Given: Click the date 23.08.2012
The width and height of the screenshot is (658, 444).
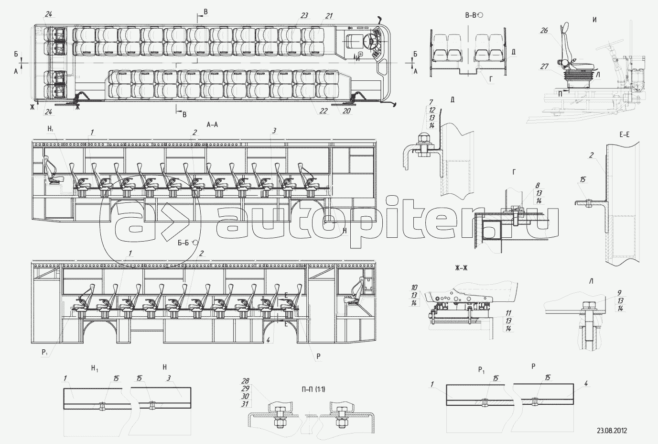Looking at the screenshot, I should (x=612, y=430).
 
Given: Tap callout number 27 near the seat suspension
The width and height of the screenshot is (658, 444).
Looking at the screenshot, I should (x=544, y=67).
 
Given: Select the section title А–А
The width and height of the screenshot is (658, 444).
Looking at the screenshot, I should (x=212, y=124).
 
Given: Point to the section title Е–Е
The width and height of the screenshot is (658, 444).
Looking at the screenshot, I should (x=624, y=135).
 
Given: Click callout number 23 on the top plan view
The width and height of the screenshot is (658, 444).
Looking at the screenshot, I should (x=304, y=16).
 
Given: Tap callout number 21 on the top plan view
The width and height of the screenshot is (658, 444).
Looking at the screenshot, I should (x=329, y=16).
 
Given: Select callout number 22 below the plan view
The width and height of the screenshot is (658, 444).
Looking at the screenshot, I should (x=324, y=111).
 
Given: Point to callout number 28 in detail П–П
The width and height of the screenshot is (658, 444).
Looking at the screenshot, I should (x=246, y=381).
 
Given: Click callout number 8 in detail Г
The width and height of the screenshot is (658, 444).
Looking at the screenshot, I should (x=537, y=185).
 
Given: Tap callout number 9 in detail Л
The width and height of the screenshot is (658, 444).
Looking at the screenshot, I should (x=619, y=293).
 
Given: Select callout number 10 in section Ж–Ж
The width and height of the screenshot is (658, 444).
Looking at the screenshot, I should (x=414, y=288).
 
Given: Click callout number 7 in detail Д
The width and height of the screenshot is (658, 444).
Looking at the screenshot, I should (x=431, y=102).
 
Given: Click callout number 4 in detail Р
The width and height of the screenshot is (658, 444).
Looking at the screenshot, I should (x=586, y=383).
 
